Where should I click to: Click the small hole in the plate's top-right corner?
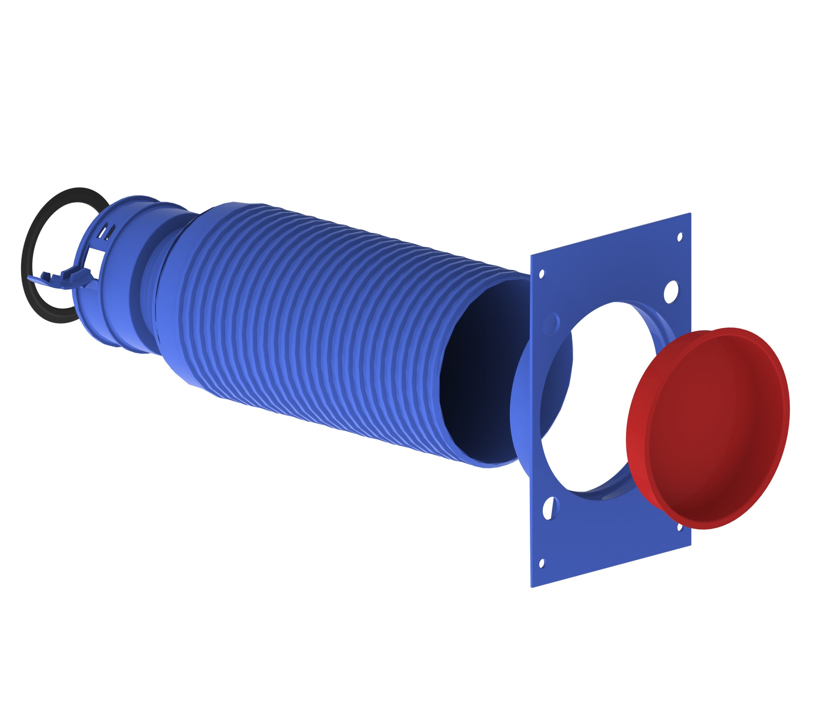click(x=679, y=237)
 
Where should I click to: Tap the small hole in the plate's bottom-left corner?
click(x=542, y=563)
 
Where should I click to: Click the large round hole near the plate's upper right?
click(x=670, y=292)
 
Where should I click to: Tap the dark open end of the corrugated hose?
click(x=476, y=373)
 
